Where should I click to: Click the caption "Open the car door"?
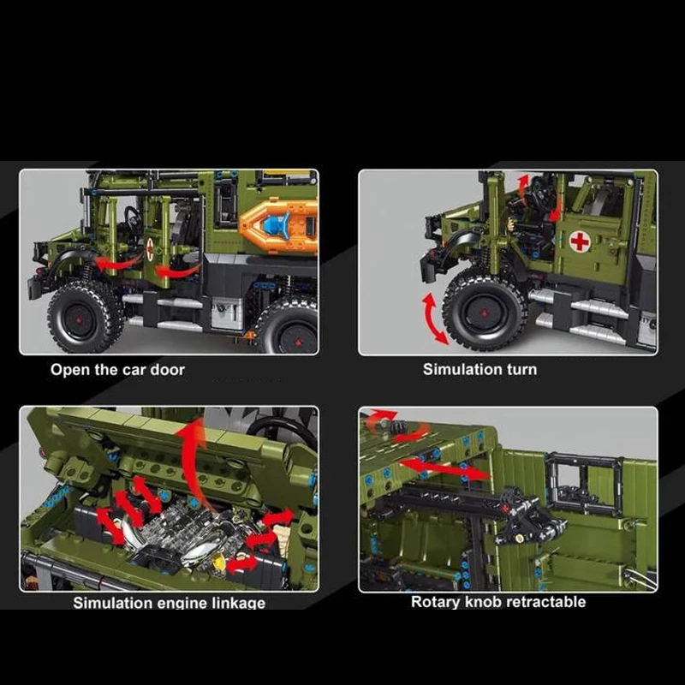click(x=117, y=370)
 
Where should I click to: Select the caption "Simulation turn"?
click(x=479, y=369)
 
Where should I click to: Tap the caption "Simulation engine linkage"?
click(x=169, y=603)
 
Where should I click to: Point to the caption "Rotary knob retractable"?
click(x=498, y=602)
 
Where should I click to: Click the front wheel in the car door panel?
click(x=83, y=314)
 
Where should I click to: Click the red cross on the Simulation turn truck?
click(x=580, y=241)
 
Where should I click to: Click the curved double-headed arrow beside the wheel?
click(x=434, y=319)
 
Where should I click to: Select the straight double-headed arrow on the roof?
click(x=444, y=468)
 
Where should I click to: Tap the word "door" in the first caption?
click(x=167, y=370)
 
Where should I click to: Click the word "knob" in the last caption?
click(x=484, y=602)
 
